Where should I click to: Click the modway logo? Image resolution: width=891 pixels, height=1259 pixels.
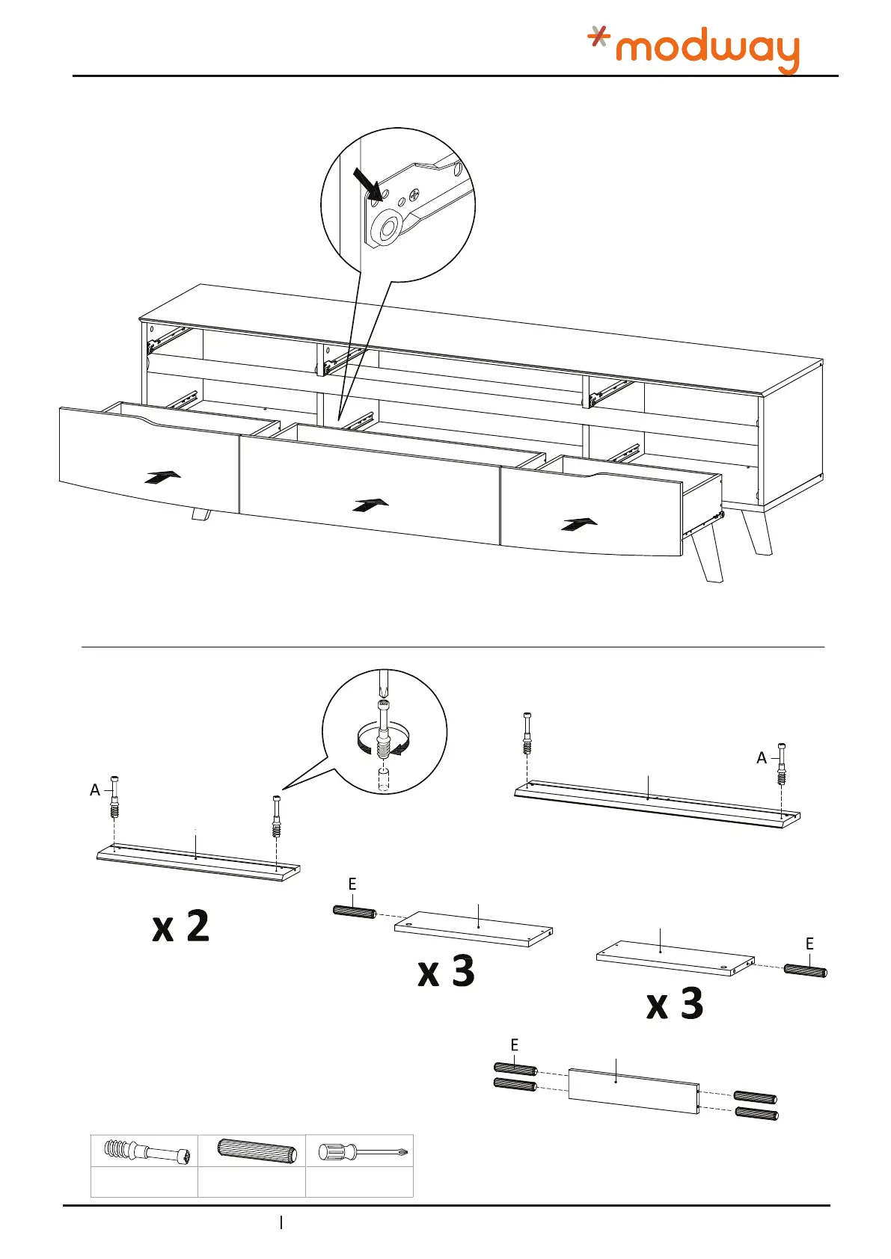[x=693, y=49]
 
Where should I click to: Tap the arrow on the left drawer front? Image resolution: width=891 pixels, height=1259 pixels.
[x=164, y=477]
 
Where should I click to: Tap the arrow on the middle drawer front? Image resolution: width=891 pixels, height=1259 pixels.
[x=370, y=505]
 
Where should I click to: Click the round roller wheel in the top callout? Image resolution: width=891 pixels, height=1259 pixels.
[x=388, y=228]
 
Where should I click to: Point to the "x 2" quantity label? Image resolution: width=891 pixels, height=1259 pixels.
[x=181, y=927]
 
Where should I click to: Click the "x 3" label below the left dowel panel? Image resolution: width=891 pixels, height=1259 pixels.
[x=446, y=971]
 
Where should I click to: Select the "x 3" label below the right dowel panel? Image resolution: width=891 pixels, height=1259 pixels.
[x=675, y=1003]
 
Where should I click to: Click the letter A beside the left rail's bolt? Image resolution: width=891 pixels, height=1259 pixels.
[x=95, y=790]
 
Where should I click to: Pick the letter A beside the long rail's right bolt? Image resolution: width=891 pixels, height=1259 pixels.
[x=762, y=758]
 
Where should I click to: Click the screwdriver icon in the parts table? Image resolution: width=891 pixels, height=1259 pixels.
[x=361, y=1152]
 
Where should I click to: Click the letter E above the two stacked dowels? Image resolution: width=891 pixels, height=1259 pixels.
[x=515, y=1045]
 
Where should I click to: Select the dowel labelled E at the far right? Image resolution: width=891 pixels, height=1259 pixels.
[x=805, y=971]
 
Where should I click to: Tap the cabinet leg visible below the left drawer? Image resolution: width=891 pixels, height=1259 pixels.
[x=201, y=514]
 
